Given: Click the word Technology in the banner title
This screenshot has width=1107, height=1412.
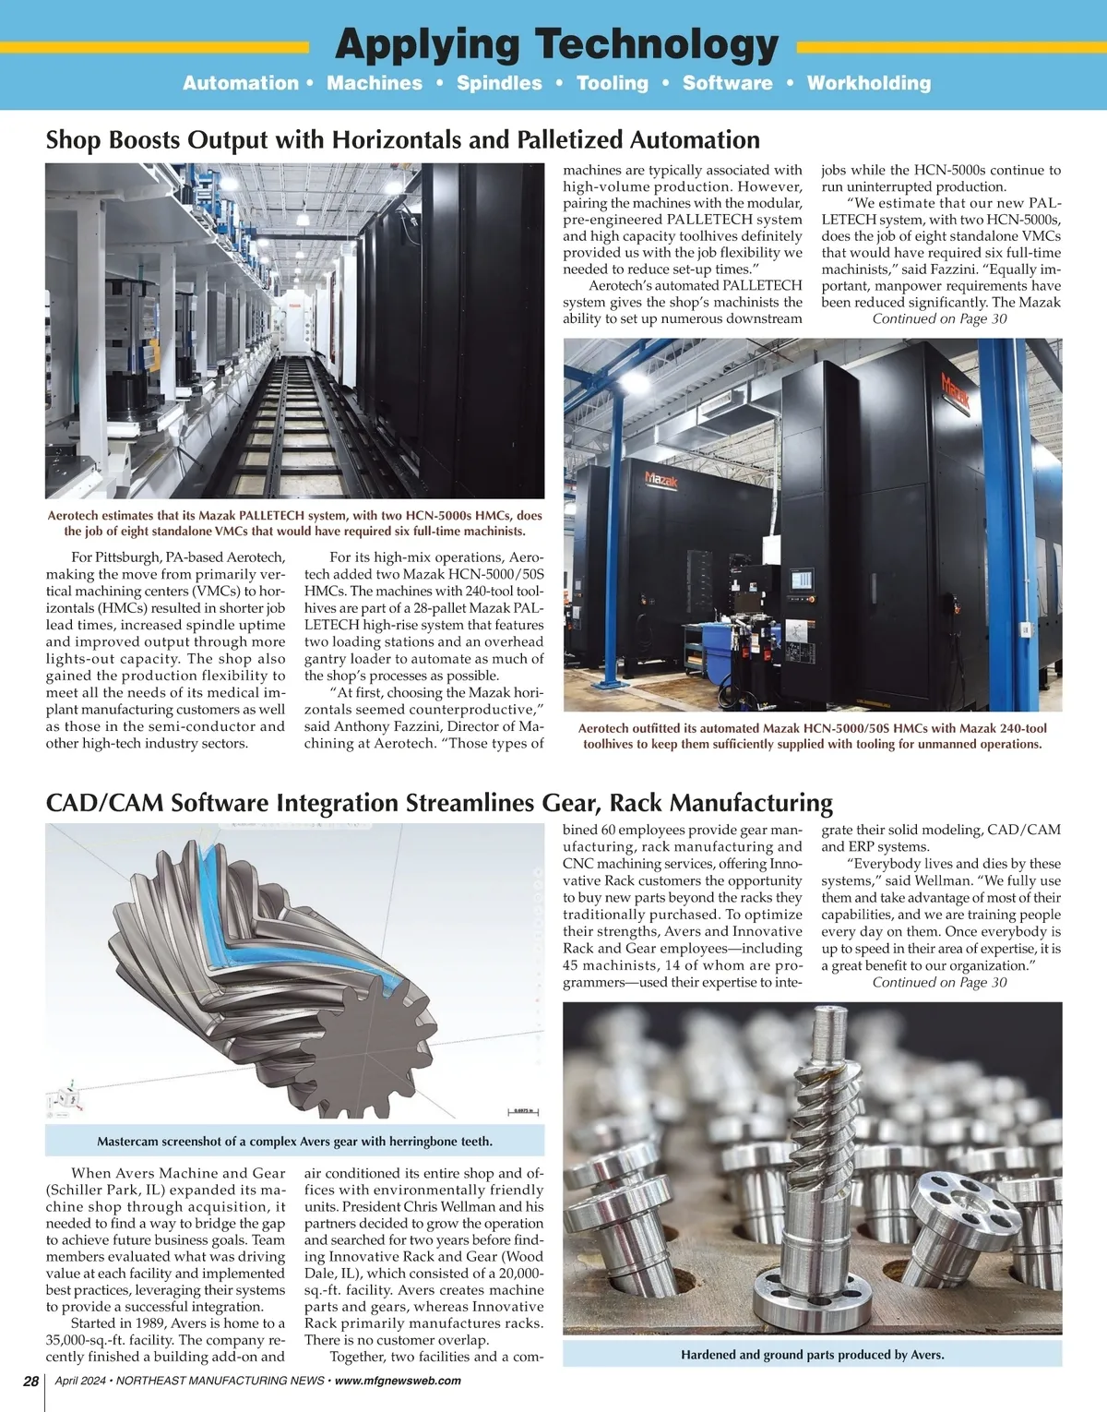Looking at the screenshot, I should (657, 44).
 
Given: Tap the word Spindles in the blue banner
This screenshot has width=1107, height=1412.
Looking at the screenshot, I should (499, 83).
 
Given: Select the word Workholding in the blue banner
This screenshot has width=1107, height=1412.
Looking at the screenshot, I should (869, 83).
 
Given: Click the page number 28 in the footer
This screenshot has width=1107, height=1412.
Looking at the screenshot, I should (30, 1381).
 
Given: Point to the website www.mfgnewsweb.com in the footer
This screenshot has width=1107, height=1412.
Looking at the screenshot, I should (398, 1381).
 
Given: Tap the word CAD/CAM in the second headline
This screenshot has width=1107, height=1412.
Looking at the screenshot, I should (104, 803).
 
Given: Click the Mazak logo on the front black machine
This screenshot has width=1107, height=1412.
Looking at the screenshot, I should (661, 480).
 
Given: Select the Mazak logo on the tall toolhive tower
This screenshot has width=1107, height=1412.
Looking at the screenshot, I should (955, 393).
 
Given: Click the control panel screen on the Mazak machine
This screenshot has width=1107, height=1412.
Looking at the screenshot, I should (801, 580).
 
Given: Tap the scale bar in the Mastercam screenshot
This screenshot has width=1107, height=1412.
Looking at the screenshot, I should (523, 1112).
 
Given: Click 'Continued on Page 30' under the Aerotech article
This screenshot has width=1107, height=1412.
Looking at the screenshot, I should (939, 319).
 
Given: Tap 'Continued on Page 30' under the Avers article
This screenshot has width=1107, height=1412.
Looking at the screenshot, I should (939, 983).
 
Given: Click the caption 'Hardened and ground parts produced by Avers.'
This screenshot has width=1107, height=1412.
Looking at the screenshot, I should (812, 1355).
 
